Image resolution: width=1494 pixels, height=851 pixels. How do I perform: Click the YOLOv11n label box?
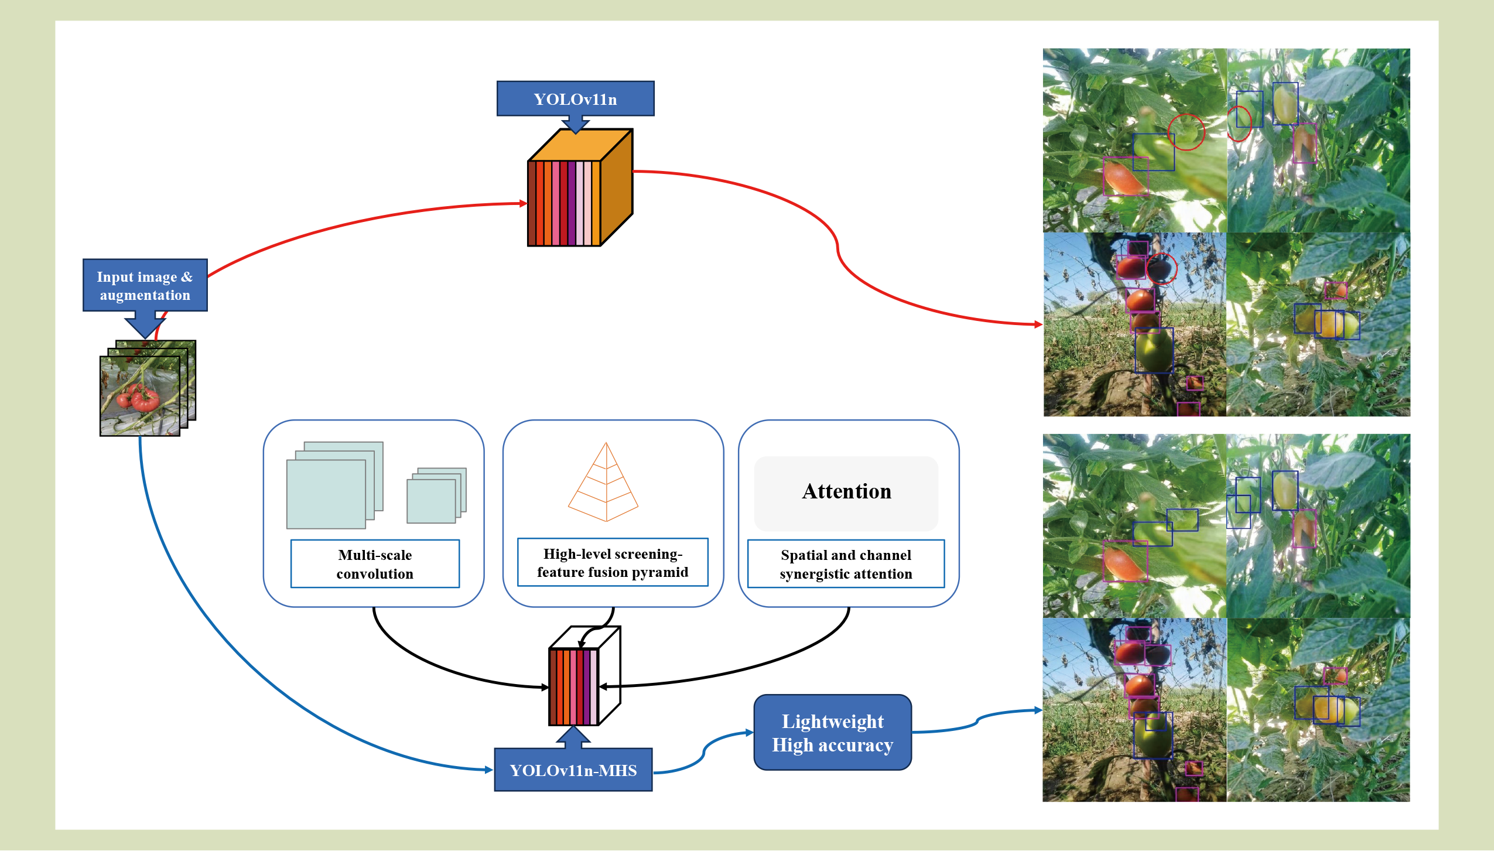click(x=575, y=98)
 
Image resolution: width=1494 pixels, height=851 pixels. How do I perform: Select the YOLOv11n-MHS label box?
click(x=573, y=770)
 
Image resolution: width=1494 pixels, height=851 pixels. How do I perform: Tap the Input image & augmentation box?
click(x=145, y=285)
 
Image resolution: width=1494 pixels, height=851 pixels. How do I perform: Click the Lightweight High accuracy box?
click(x=832, y=733)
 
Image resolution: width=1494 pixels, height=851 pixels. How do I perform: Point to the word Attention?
click(x=846, y=491)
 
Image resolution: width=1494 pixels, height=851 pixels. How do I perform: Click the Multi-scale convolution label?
click(x=375, y=564)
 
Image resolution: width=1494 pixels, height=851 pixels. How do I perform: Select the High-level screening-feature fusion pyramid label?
click(x=613, y=563)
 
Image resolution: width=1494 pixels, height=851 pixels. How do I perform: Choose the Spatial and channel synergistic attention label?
click(x=846, y=564)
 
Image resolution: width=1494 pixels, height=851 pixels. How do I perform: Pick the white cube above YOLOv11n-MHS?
click(x=584, y=676)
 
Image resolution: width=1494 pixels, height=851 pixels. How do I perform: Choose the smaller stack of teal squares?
click(x=436, y=495)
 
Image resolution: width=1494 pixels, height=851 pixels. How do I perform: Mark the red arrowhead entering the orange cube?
click(x=524, y=203)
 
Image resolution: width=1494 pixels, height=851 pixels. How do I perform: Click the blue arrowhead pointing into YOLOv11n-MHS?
click(x=488, y=770)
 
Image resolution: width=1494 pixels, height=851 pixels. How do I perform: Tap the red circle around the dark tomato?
click(x=1161, y=269)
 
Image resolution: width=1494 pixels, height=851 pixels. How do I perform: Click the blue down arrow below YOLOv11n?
click(x=575, y=124)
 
